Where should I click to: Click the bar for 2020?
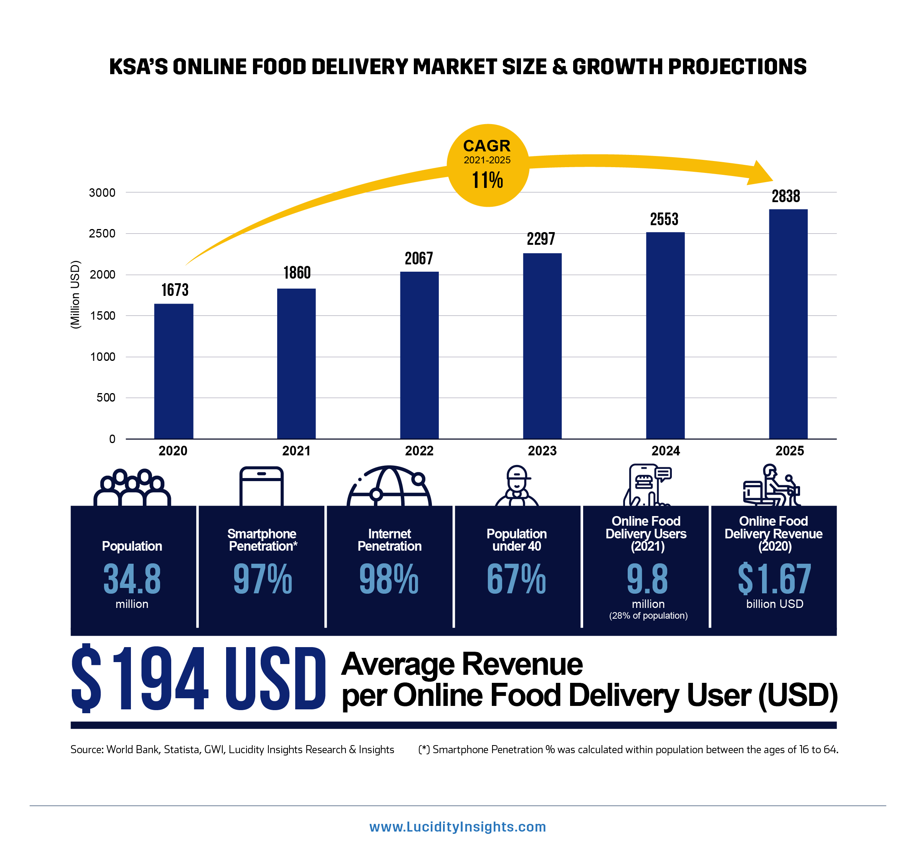pos(174,371)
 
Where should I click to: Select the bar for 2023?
pos(542,346)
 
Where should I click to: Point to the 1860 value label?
pos(297,273)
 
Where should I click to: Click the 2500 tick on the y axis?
pos(102,234)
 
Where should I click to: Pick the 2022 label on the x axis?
pos(419,451)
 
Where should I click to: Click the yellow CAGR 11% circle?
pos(488,165)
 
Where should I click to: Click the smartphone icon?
pos(261,486)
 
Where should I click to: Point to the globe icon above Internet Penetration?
pos(389,486)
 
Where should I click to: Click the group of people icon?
pos(132,488)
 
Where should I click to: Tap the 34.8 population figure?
pos(132,579)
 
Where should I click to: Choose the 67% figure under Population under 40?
pos(516,579)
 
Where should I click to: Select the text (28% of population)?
pos(648,616)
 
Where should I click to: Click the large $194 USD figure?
pos(198,678)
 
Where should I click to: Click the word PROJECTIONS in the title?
pos(737,67)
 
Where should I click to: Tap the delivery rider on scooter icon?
pos(773,486)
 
